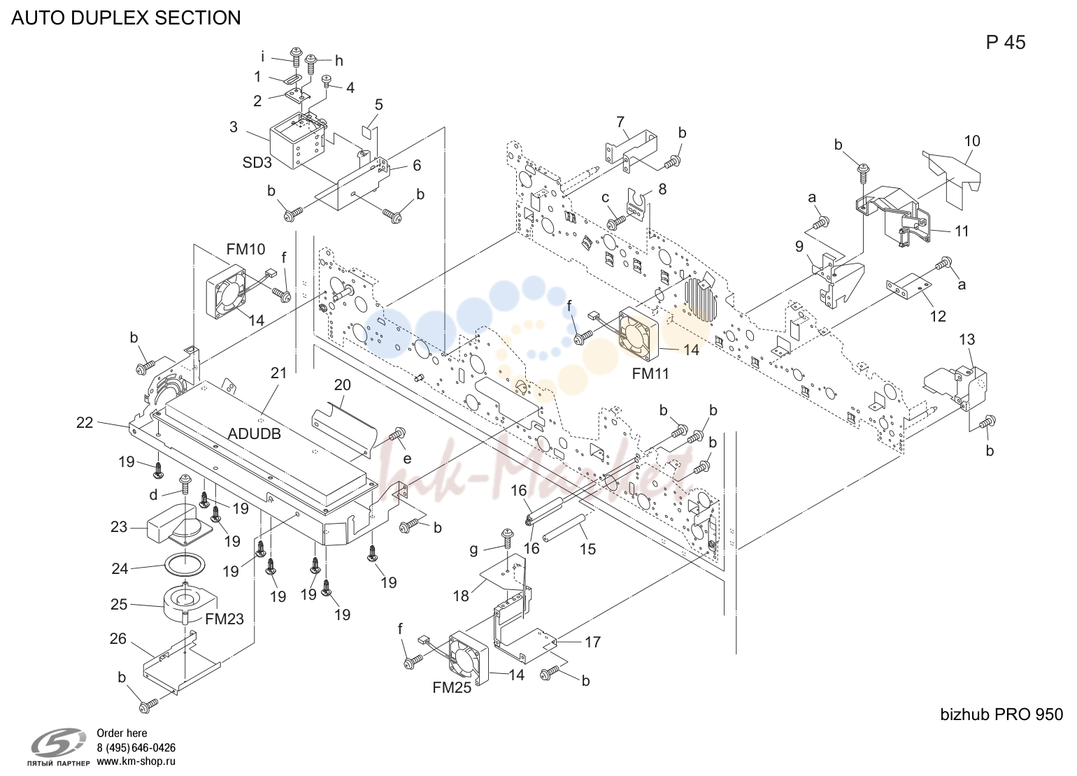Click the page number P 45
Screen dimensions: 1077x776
tap(1006, 43)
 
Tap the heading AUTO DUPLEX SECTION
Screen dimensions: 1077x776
tap(126, 17)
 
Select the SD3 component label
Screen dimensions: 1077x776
tap(257, 163)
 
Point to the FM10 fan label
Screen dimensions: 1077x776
tap(245, 249)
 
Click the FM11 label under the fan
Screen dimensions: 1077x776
tap(650, 373)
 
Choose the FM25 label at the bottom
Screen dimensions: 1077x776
tap(452, 688)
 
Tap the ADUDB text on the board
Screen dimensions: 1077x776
tap(254, 434)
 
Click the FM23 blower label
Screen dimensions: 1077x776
tap(224, 619)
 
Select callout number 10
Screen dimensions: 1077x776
tap(972, 141)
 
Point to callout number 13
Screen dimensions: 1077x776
tap(967, 339)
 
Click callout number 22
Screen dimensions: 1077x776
tap(85, 422)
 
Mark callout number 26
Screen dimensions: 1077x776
tap(118, 638)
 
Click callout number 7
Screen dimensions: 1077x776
tap(621, 122)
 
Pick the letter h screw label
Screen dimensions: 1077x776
tap(339, 61)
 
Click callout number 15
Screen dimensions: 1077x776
tap(587, 549)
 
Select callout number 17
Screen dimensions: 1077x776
tap(593, 642)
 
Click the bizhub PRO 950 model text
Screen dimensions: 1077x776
tap(1001, 714)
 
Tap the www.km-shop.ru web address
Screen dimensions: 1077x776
tap(136, 761)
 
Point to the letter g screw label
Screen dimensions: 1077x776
tap(473, 549)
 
